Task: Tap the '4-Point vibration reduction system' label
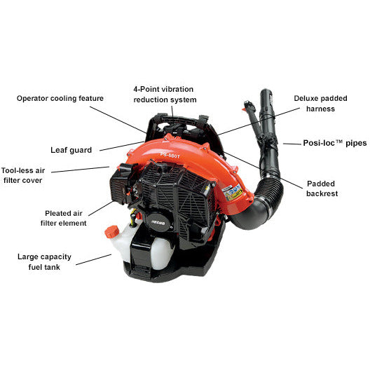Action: [165, 95]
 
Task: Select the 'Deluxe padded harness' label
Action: [313, 103]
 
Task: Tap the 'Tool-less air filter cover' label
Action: [25, 175]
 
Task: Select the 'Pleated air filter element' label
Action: [64, 218]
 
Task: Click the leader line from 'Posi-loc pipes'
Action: [290, 144]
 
